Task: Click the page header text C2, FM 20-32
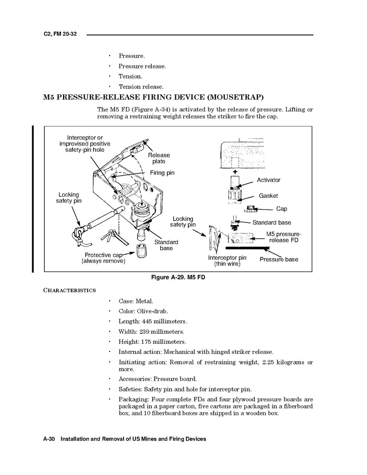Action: (60, 34)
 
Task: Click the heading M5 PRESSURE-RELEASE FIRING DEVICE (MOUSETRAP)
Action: (153, 97)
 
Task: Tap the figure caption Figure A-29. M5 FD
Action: (178, 277)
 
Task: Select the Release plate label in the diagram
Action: (159, 158)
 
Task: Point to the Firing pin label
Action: (162, 173)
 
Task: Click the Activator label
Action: (268, 180)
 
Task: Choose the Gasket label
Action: (268, 196)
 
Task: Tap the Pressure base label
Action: (279, 259)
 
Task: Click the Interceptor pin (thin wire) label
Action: (227, 261)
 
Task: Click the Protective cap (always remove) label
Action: (103, 258)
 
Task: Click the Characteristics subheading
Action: (69, 290)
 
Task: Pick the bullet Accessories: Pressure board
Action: (158, 379)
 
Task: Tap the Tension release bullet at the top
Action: (141, 86)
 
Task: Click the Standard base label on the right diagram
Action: (271, 223)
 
